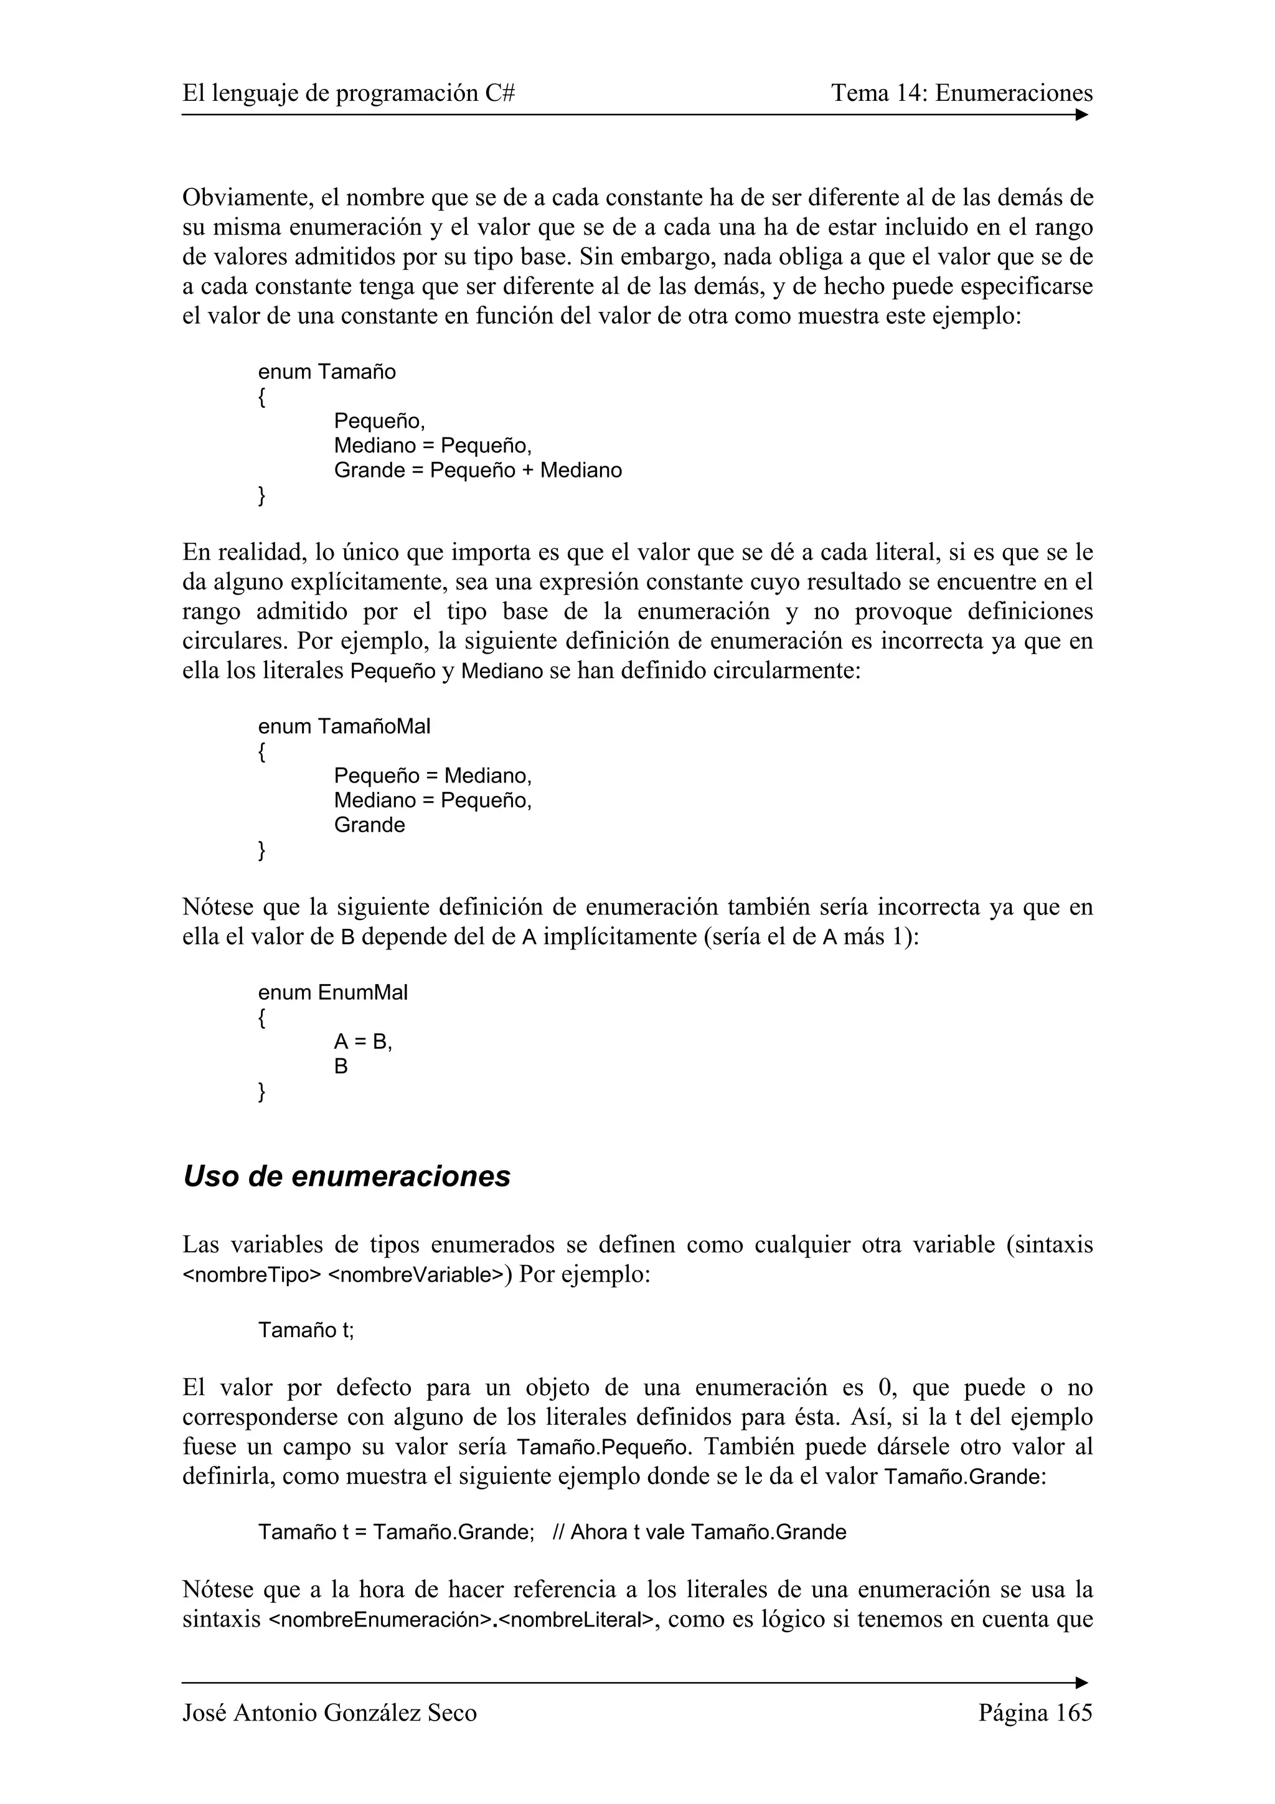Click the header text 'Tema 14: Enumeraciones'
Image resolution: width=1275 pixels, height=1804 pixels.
(962, 93)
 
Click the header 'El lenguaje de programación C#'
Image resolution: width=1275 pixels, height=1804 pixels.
(349, 93)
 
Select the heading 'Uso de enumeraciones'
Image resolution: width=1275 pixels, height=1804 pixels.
(346, 1177)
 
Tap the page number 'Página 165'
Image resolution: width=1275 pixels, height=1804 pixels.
(1035, 1713)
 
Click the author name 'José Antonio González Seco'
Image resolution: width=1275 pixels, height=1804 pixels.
(329, 1713)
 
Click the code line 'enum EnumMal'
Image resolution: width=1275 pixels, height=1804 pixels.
(333, 992)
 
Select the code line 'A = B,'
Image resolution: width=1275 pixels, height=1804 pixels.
(362, 1042)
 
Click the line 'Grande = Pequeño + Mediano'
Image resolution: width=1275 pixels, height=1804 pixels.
(478, 471)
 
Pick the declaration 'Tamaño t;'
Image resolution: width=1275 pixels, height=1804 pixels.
(306, 1330)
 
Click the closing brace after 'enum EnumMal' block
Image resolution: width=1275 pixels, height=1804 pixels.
(261, 1092)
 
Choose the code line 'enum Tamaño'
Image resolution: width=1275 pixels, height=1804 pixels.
(327, 372)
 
